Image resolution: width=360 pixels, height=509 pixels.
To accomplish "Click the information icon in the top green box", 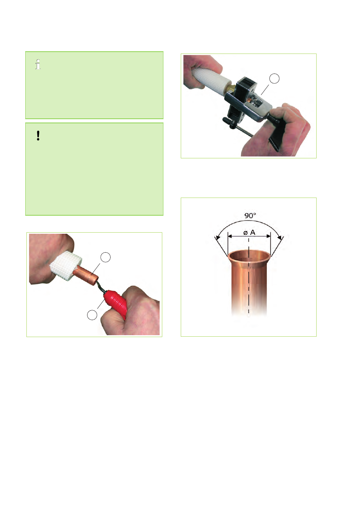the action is [38, 64].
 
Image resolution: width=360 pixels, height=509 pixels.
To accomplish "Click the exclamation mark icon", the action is [38, 136].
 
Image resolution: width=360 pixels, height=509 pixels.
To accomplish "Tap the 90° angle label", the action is [250, 215].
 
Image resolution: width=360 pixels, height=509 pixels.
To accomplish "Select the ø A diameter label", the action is [249, 233].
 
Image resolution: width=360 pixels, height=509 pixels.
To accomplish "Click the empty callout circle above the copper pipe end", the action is [106, 257].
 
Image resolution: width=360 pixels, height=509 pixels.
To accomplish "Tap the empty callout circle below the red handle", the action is [92, 315].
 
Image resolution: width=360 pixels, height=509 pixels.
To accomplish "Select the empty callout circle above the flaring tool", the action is [274, 78].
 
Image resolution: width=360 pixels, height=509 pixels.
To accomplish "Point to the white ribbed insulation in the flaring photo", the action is [210, 78].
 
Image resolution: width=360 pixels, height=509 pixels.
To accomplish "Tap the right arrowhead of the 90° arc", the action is [281, 238].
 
